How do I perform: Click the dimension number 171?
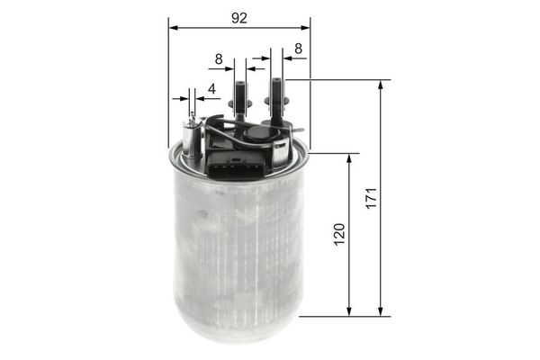point(370,198)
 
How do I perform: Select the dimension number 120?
point(339,235)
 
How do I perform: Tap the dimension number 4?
point(211,88)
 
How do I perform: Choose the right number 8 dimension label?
point(298,51)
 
